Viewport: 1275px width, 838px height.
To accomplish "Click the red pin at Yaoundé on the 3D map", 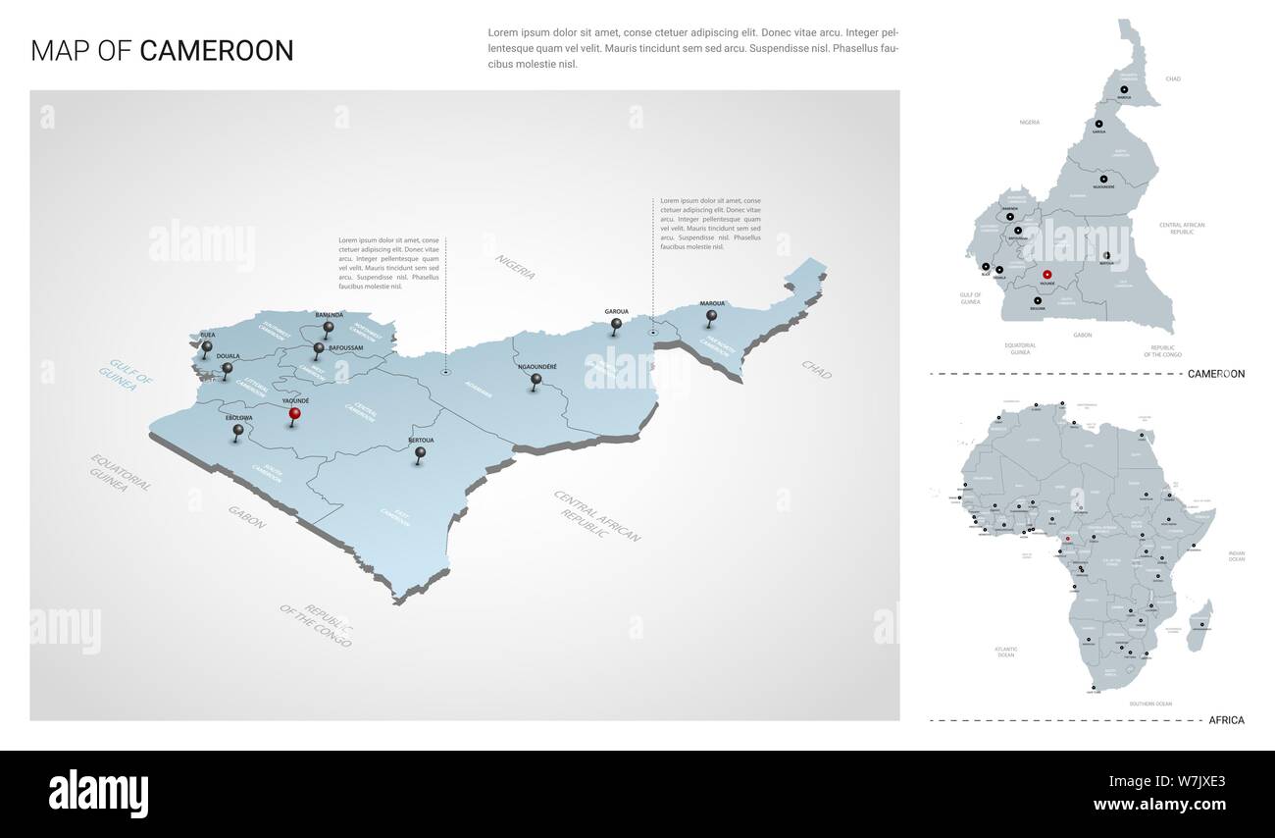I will coord(294,415).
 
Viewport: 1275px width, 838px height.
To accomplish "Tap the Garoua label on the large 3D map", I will coord(616,310).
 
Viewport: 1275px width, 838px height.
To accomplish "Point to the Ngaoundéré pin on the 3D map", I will coord(535,380).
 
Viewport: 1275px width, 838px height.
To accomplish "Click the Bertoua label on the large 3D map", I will coord(420,440).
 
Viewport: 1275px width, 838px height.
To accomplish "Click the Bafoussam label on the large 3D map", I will coord(346,347).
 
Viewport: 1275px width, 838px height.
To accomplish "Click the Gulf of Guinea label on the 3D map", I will coord(127,372).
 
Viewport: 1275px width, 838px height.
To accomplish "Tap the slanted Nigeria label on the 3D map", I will coord(515,266).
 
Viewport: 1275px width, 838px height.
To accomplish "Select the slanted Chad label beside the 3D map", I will coord(816,369).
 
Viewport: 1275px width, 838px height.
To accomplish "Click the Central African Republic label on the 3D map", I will coord(596,516).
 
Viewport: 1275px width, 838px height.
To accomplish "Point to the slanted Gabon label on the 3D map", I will coord(246,517).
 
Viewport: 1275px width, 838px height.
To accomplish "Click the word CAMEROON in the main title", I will coord(217,51).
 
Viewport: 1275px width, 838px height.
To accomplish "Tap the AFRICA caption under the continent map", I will coord(1226,720).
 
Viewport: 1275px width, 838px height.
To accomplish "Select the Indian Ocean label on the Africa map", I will coord(1236,556).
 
